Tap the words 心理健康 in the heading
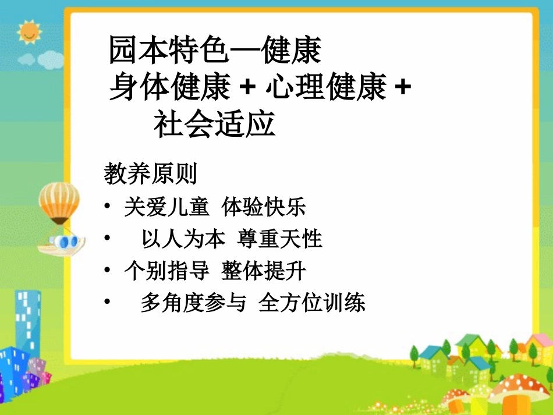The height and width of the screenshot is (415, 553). [325, 88]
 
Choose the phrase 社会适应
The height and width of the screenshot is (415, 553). [214, 125]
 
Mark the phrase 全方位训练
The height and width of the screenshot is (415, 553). [312, 303]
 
